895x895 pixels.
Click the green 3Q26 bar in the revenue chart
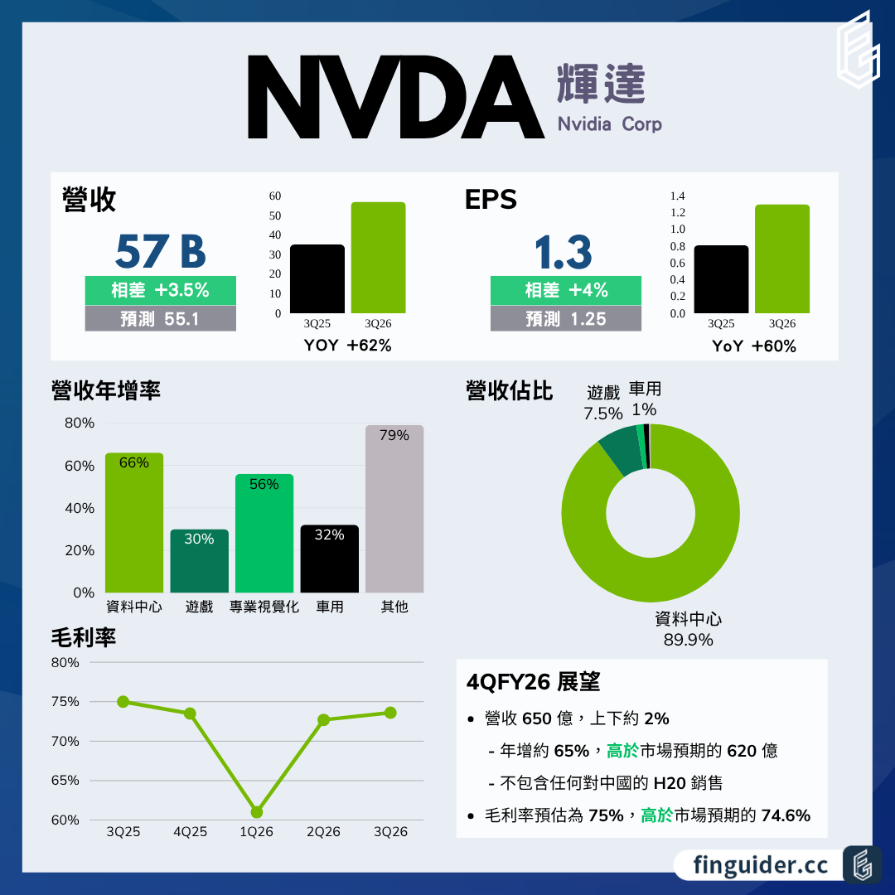(x=378, y=257)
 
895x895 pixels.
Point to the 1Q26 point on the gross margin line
(x=257, y=812)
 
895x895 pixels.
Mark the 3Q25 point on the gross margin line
(x=123, y=702)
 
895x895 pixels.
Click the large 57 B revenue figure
(x=160, y=251)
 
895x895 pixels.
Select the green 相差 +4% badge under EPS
(x=566, y=290)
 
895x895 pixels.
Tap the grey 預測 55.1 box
(x=160, y=318)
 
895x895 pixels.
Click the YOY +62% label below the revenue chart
(x=347, y=346)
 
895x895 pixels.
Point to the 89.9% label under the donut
(x=688, y=640)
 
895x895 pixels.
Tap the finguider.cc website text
(x=762, y=864)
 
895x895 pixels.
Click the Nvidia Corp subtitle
(x=610, y=124)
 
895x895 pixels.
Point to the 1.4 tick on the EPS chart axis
(x=677, y=196)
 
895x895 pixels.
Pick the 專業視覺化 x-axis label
(x=264, y=607)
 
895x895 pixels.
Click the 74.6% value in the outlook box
(x=785, y=815)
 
